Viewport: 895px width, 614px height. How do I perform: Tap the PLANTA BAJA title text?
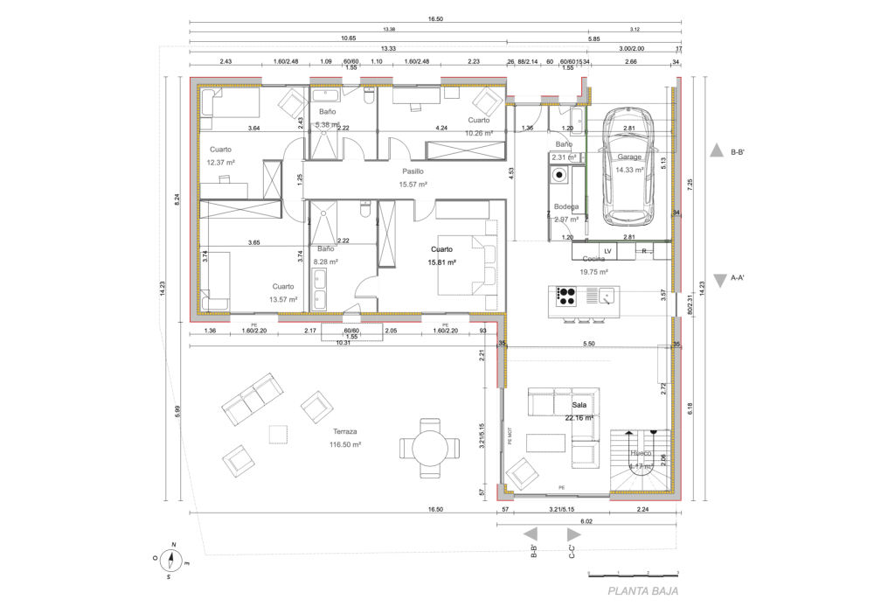click(x=642, y=592)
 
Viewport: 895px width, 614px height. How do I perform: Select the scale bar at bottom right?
click(x=634, y=574)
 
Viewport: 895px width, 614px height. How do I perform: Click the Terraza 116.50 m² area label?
click(x=346, y=438)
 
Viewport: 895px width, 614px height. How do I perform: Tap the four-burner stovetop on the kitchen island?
click(x=566, y=297)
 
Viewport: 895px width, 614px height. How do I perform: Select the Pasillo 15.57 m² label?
click(x=413, y=178)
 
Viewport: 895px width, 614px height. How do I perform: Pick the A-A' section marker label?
click(x=743, y=281)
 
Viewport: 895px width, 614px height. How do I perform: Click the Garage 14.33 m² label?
click(x=628, y=164)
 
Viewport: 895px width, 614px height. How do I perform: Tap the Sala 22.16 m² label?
click(x=582, y=412)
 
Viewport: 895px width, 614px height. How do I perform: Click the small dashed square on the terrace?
click(x=279, y=434)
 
